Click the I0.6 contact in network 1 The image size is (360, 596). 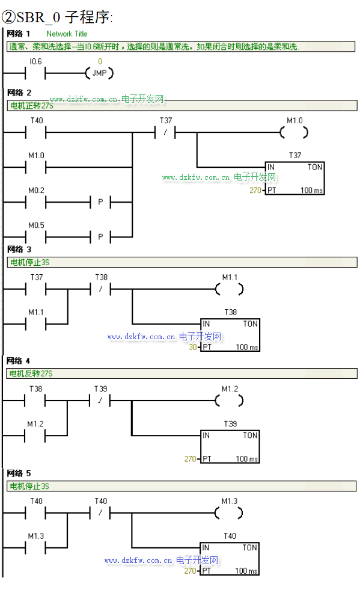pyautogui.click(x=35, y=73)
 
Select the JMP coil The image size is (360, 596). pyautogui.click(x=100, y=73)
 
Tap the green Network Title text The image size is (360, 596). pyautogui.click(x=67, y=34)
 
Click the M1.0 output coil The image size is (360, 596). pyautogui.click(x=294, y=133)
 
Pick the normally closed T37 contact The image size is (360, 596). pyautogui.click(x=165, y=133)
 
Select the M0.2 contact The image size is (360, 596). pyautogui.click(x=35, y=203)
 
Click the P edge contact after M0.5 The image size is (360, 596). pyautogui.click(x=100, y=238)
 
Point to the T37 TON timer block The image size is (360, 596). pyautogui.click(x=295, y=178)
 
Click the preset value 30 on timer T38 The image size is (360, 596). pyautogui.click(x=193, y=347)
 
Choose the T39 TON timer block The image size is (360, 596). pyautogui.click(x=230, y=447)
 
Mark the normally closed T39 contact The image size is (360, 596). pyautogui.click(x=100, y=401)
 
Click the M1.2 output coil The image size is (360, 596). pyautogui.click(x=230, y=401)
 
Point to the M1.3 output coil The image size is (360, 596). pyautogui.click(x=229, y=513)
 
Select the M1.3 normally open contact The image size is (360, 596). pyautogui.click(x=35, y=548)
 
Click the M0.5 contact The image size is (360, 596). pyautogui.click(x=35, y=238)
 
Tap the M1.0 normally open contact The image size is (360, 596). pyautogui.click(x=35, y=168)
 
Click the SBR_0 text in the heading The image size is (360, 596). pyautogui.click(x=38, y=17)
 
